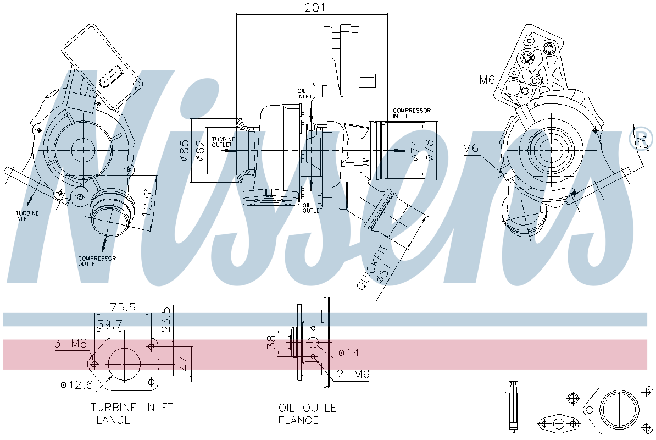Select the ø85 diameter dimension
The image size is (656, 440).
[x=185, y=150]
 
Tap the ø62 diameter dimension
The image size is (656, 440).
[x=201, y=150]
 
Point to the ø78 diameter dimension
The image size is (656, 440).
[x=429, y=150]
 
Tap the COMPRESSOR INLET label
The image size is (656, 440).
[x=412, y=113]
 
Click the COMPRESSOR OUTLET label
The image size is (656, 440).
[x=97, y=261]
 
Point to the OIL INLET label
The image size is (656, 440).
[x=305, y=94]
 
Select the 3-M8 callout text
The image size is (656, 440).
[x=70, y=344]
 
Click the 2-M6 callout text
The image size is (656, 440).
[x=353, y=375]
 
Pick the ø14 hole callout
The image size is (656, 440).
[x=348, y=353]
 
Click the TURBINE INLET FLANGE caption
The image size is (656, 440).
[x=132, y=414]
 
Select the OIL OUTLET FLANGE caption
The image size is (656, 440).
[x=310, y=414]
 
